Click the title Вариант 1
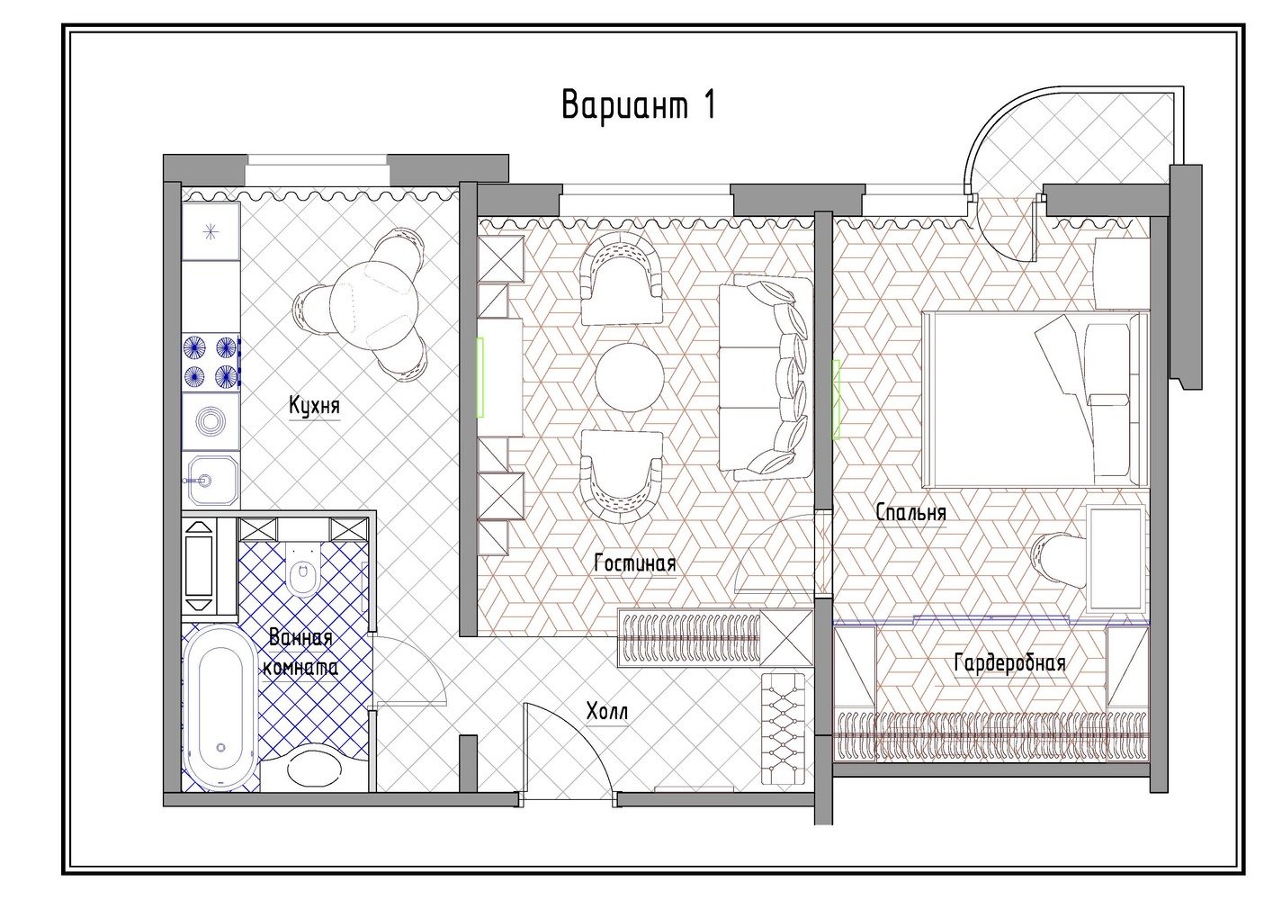(638, 104)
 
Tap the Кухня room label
(314, 406)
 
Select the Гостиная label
(635, 563)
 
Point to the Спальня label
(911, 512)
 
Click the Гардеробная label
(1009, 662)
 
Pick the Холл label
(607, 711)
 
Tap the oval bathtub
(221, 708)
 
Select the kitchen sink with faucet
(211, 481)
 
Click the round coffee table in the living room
(630, 377)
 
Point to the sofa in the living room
(765, 377)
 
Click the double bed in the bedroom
(1035, 399)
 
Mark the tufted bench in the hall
(783, 729)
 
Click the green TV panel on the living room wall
(480, 377)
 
